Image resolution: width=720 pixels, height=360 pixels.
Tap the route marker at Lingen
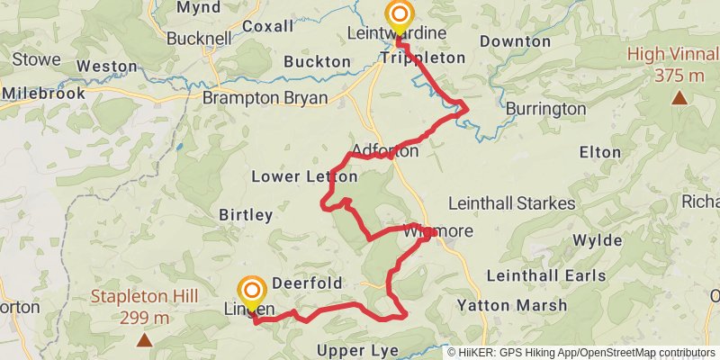point(252,290)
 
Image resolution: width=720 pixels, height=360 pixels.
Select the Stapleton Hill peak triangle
point(144,339)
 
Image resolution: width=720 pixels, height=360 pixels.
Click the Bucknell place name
point(174,40)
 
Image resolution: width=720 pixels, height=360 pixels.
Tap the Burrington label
point(545,109)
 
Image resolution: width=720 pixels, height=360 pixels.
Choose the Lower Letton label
point(292,176)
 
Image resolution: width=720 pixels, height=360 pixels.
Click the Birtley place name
point(246,215)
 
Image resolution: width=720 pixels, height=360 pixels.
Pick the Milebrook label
point(43,93)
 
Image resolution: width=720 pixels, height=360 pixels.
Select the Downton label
point(515,41)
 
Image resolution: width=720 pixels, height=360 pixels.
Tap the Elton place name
point(595,153)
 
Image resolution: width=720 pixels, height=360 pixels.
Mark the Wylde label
point(597,240)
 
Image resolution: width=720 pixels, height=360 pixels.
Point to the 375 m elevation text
point(679,76)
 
